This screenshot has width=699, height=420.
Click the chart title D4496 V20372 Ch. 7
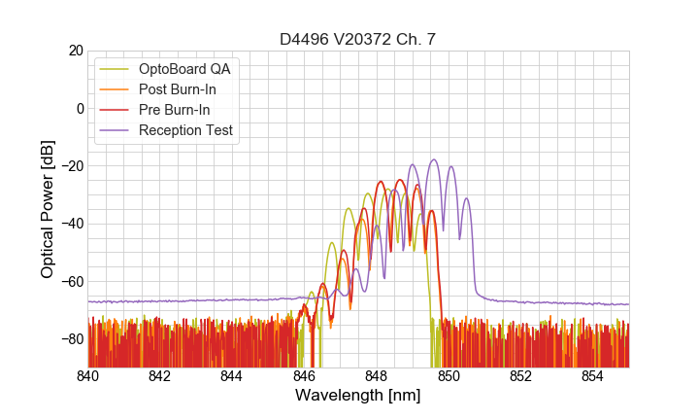tap(358, 40)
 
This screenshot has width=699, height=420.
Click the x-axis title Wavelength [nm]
tap(358, 396)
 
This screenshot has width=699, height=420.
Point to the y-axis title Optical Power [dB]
tap(48, 209)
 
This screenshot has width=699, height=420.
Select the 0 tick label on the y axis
tap(79, 108)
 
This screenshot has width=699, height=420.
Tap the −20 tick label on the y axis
tap(71, 166)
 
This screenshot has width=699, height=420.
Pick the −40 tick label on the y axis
tap(71, 224)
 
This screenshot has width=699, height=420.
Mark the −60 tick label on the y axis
tap(71, 282)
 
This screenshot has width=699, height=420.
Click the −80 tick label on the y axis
tap(71, 339)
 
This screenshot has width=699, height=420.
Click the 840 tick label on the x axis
tap(88, 375)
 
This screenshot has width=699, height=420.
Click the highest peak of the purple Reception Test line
tap(434, 159)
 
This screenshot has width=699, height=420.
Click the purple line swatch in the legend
tap(116, 130)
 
